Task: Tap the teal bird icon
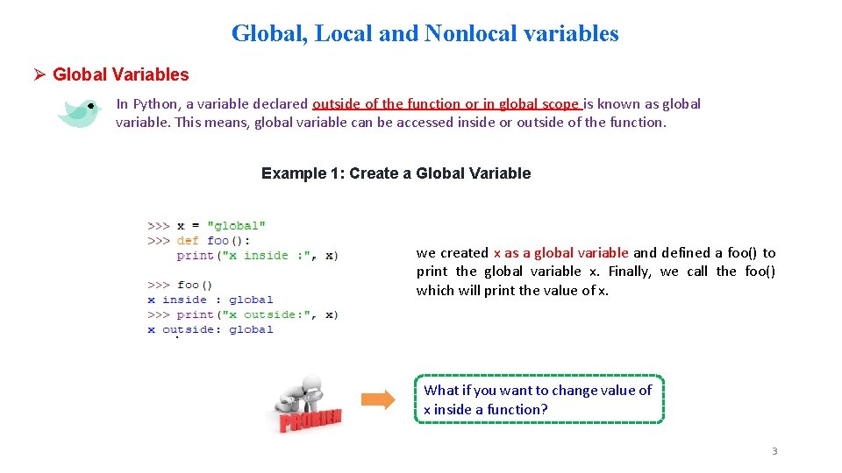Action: [79, 112]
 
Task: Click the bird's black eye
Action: [90, 106]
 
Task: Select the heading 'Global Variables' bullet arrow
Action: [39, 74]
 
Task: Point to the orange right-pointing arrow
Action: [378, 400]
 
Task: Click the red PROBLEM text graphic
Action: [310, 420]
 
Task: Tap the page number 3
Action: [774, 451]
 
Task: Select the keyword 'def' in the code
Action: [188, 240]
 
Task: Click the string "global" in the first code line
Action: [236, 226]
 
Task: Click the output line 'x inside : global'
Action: [210, 300]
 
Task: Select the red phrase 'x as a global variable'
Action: [560, 252]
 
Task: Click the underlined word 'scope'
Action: [561, 104]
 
